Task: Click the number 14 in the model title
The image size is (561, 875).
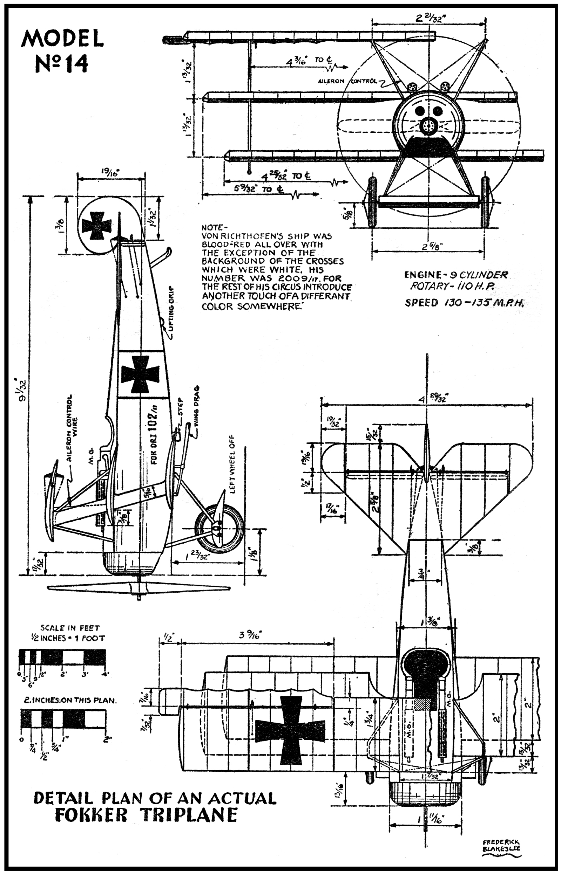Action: [76, 63]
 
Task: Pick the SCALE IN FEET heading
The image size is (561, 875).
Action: [70, 628]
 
